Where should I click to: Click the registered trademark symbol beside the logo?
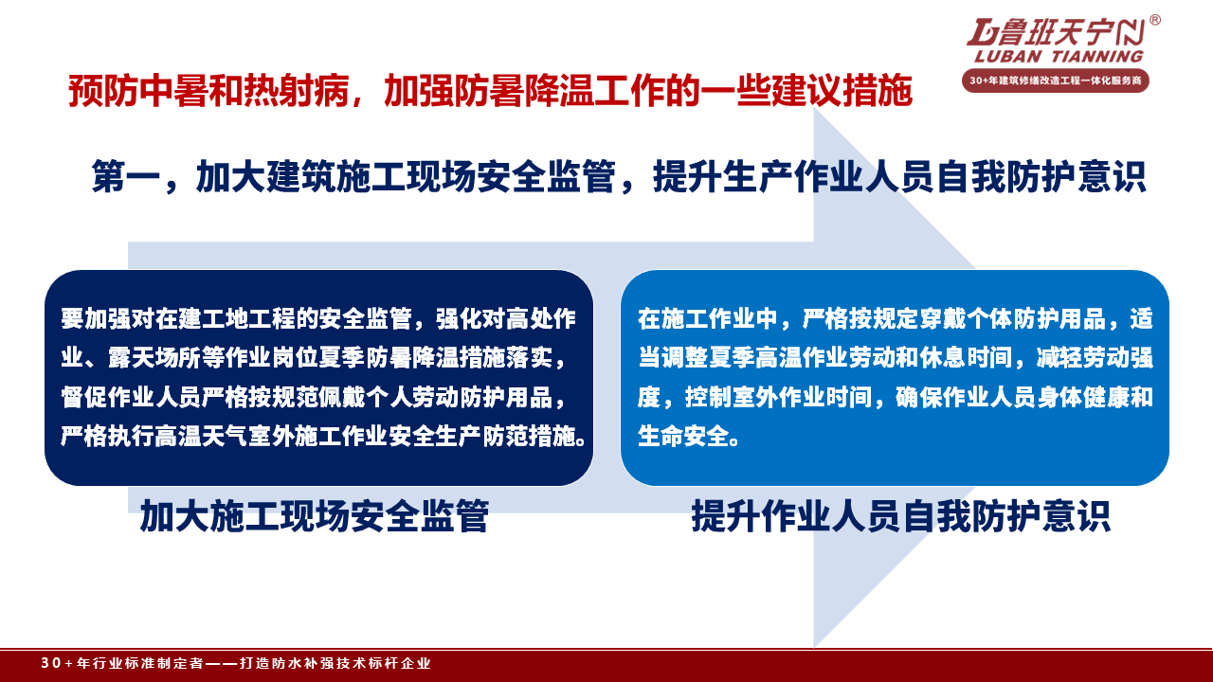tap(1154, 20)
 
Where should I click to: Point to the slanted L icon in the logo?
tap(981, 32)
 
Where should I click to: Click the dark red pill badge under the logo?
tap(1056, 81)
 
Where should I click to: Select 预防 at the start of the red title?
tap(103, 90)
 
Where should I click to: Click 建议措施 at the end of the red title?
tap(842, 90)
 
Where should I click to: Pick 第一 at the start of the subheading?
tap(126, 176)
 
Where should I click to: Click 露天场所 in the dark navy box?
tap(154, 358)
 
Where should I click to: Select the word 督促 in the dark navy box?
tap(83, 397)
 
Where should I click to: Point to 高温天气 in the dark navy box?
tap(202, 437)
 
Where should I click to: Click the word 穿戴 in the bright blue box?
tap(943, 319)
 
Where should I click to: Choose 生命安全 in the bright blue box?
tap(684, 437)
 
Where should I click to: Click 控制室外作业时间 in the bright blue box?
tap(778, 397)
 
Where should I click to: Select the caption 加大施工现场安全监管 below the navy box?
tap(315, 516)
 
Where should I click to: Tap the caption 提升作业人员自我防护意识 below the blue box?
tap(901, 516)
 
